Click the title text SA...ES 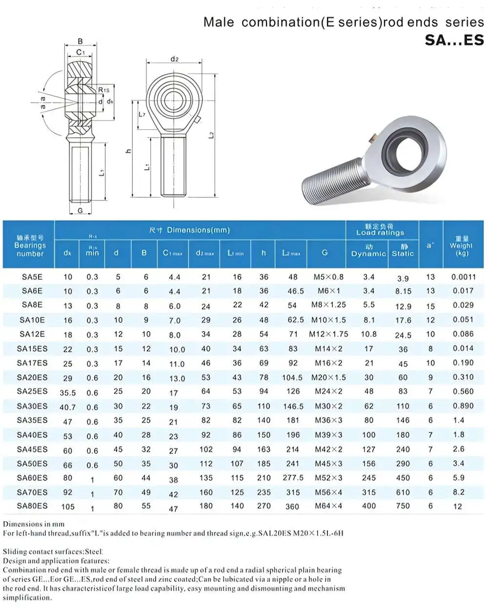click(454, 40)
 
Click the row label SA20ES click(32, 377)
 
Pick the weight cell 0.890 click(463, 406)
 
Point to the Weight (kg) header click(461, 246)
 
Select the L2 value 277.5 click(293, 478)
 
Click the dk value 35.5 click(68, 392)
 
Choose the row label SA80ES click(32, 506)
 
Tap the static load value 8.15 click(403, 291)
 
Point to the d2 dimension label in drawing click(174, 59)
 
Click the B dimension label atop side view click(81, 41)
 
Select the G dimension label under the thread click(81, 211)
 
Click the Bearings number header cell click(30, 246)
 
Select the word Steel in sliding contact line click(93, 551)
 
